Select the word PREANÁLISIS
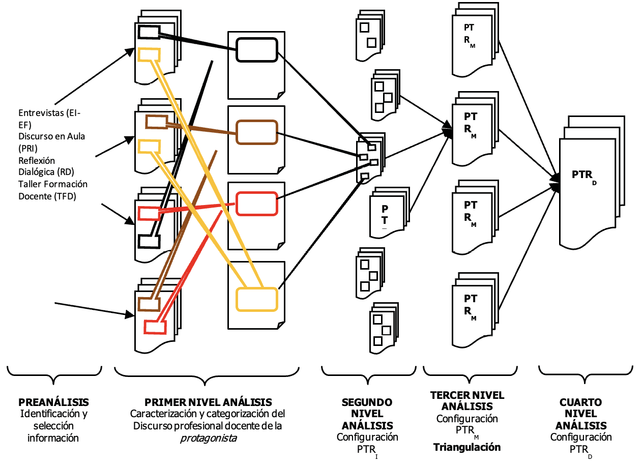[x=53, y=402]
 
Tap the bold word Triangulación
[x=467, y=447]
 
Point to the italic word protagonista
[x=209, y=438]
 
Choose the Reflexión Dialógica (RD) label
[x=49, y=166]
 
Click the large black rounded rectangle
[x=256, y=50]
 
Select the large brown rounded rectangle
[x=257, y=133]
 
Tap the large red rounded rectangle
[x=257, y=204]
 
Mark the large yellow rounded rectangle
[x=257, y=300]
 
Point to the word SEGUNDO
[x=367, y=402]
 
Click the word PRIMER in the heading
[x=163, y=402]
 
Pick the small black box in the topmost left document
[x=149, y=32]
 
